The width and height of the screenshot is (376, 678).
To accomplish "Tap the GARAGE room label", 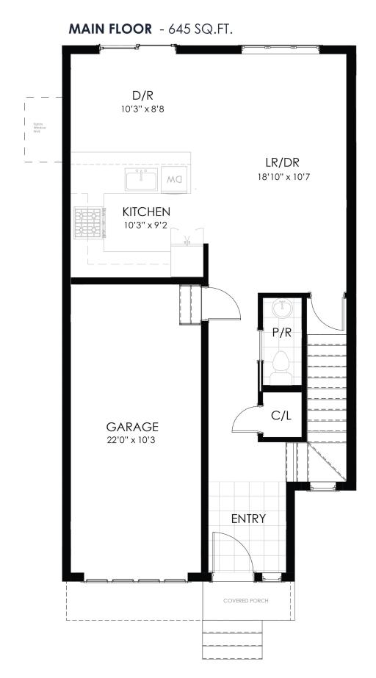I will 132,426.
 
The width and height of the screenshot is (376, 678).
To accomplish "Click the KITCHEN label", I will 146,212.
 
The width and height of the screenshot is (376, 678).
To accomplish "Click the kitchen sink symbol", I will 141,178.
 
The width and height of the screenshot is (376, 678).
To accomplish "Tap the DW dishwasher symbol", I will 175,178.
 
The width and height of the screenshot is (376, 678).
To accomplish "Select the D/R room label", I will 142,95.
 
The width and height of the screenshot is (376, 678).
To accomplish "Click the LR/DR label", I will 282,162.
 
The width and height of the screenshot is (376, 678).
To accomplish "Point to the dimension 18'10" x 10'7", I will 282,176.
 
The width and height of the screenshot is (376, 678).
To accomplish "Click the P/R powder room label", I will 281,333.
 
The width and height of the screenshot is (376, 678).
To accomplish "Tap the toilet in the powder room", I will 281,365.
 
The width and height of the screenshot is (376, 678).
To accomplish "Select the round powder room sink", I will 281,308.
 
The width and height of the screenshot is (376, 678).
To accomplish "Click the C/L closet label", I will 281,415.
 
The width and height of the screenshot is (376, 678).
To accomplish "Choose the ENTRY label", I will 248,519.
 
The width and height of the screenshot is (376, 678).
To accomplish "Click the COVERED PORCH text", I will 246,601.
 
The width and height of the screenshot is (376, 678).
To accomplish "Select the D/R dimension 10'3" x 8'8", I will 142,109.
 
